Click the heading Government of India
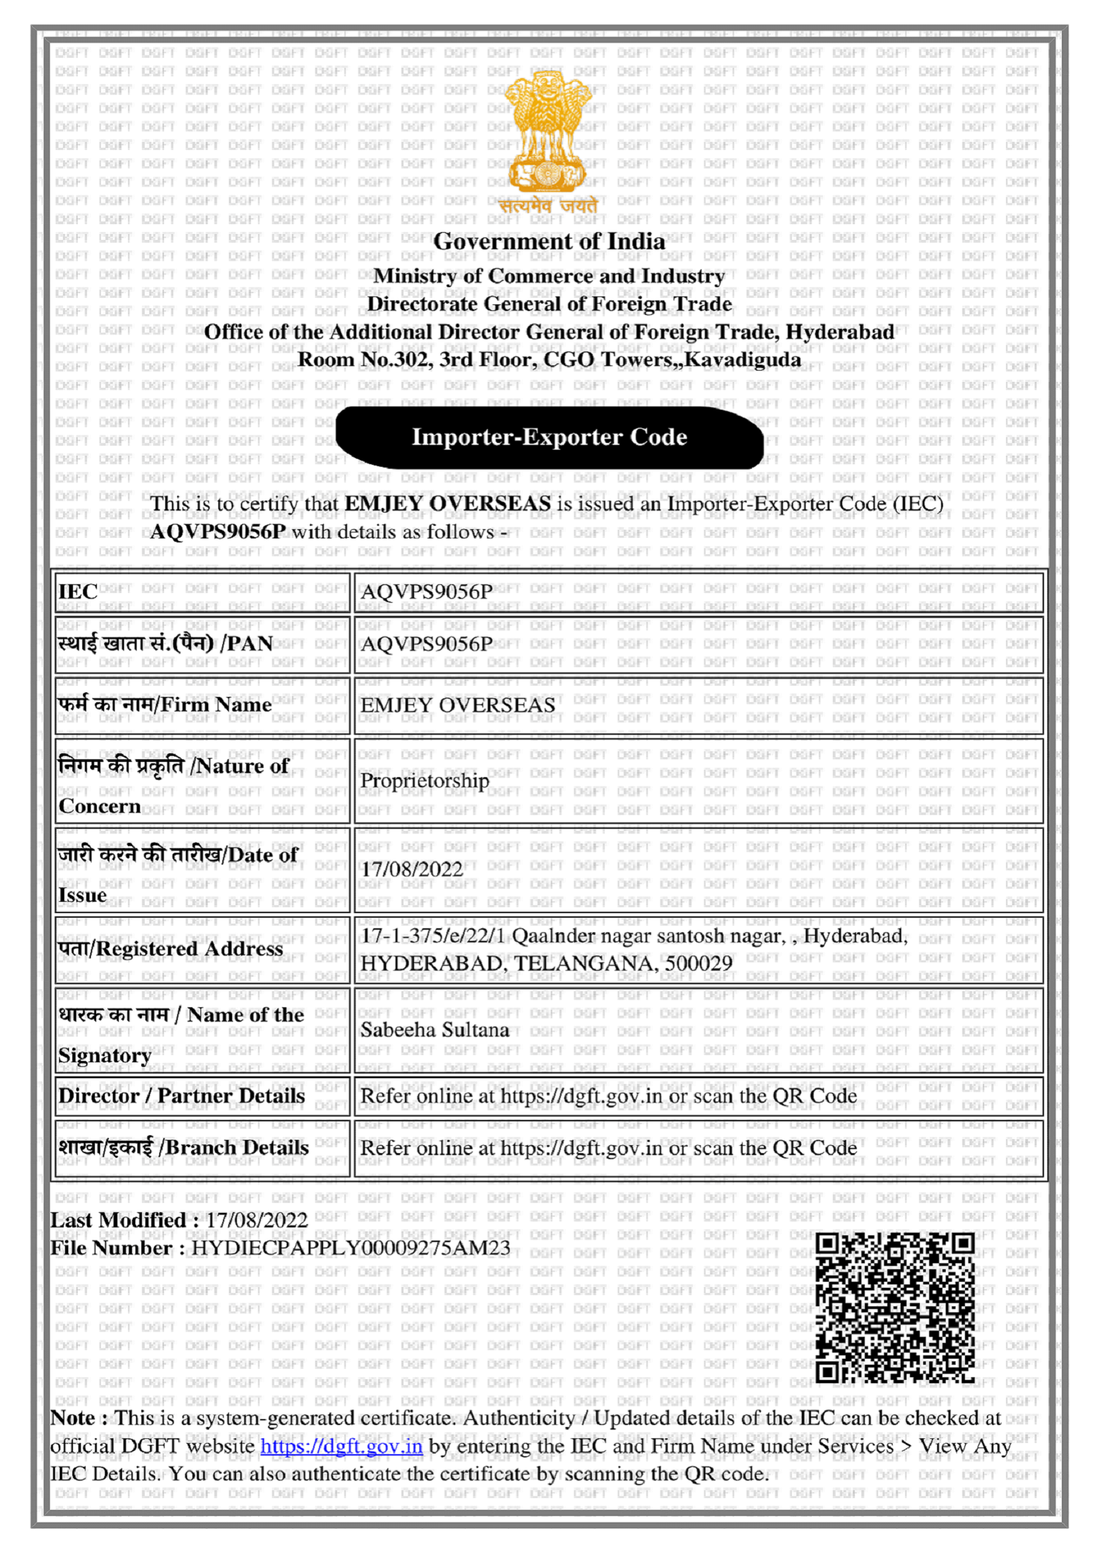tap(548, 241)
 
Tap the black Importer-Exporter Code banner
tap(549, 437)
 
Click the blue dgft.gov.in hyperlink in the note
tap(341, 1446)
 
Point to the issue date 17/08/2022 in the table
tap(411, 869)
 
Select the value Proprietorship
tap(424, 781)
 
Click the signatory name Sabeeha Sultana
tap(434, 1030)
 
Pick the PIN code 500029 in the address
tap(698, 963)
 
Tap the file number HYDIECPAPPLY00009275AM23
tap(351, 1248)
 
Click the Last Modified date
tap(257, 1220)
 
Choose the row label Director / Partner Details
tap(181, 1095)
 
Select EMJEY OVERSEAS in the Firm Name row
tap(458, 706)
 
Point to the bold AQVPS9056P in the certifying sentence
tap(218, 532)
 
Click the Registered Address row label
tap(170, 949)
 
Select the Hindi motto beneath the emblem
tap(548, 206)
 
